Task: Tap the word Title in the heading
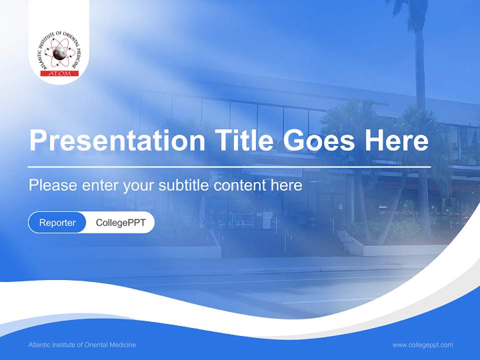244,141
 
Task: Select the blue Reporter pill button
57,222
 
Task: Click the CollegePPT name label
120,222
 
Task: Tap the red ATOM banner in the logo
58,73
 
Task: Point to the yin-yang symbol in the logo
58,52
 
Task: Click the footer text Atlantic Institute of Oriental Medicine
82,344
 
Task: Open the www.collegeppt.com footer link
422,344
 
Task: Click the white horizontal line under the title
229,166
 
